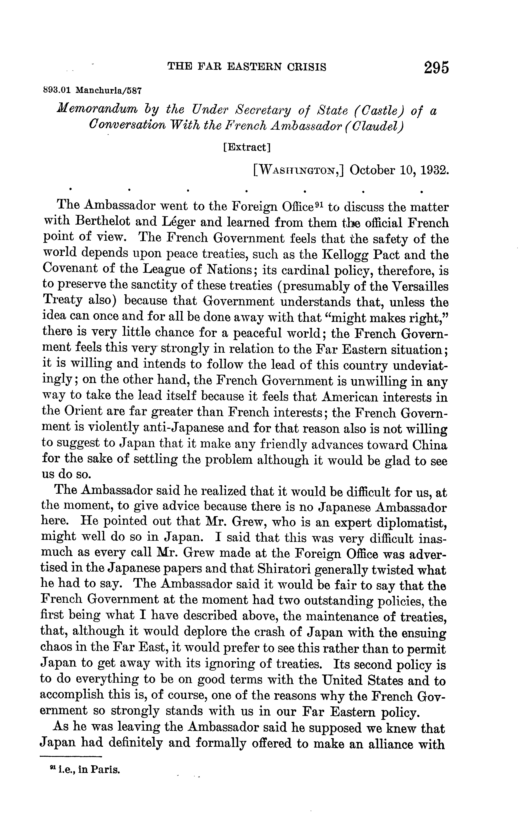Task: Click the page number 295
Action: point(436,67)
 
